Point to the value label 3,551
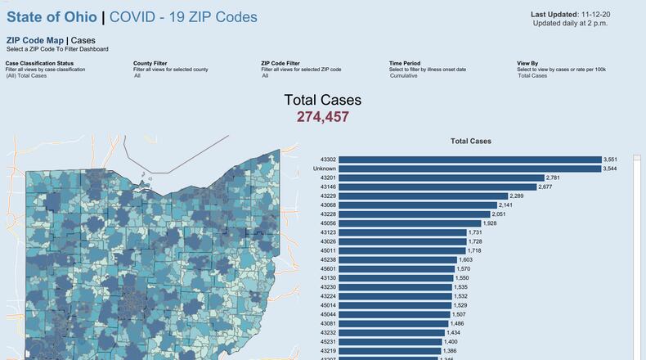pos(610,160)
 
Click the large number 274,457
pos(322,117)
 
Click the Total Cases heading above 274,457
pos(322,100)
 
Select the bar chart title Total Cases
pos(471,142)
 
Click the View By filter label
pos(528,63)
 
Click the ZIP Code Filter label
pos(280,63)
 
